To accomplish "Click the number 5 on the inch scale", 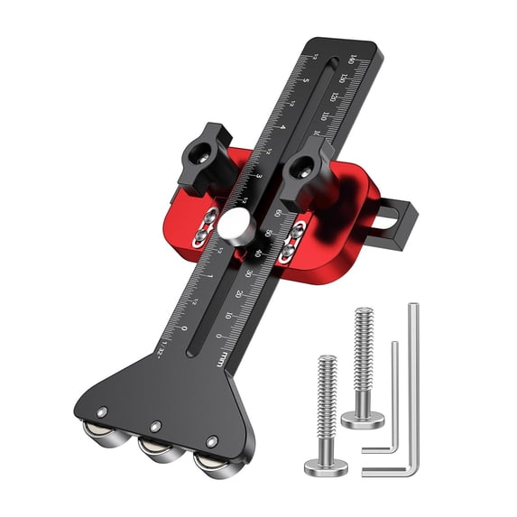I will click(306, 81).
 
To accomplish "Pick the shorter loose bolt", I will click(326, 415).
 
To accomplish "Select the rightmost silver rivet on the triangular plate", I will click(212, 441).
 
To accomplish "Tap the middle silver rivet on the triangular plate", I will click(156, 426).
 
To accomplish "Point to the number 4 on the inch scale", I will click(282, 127).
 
